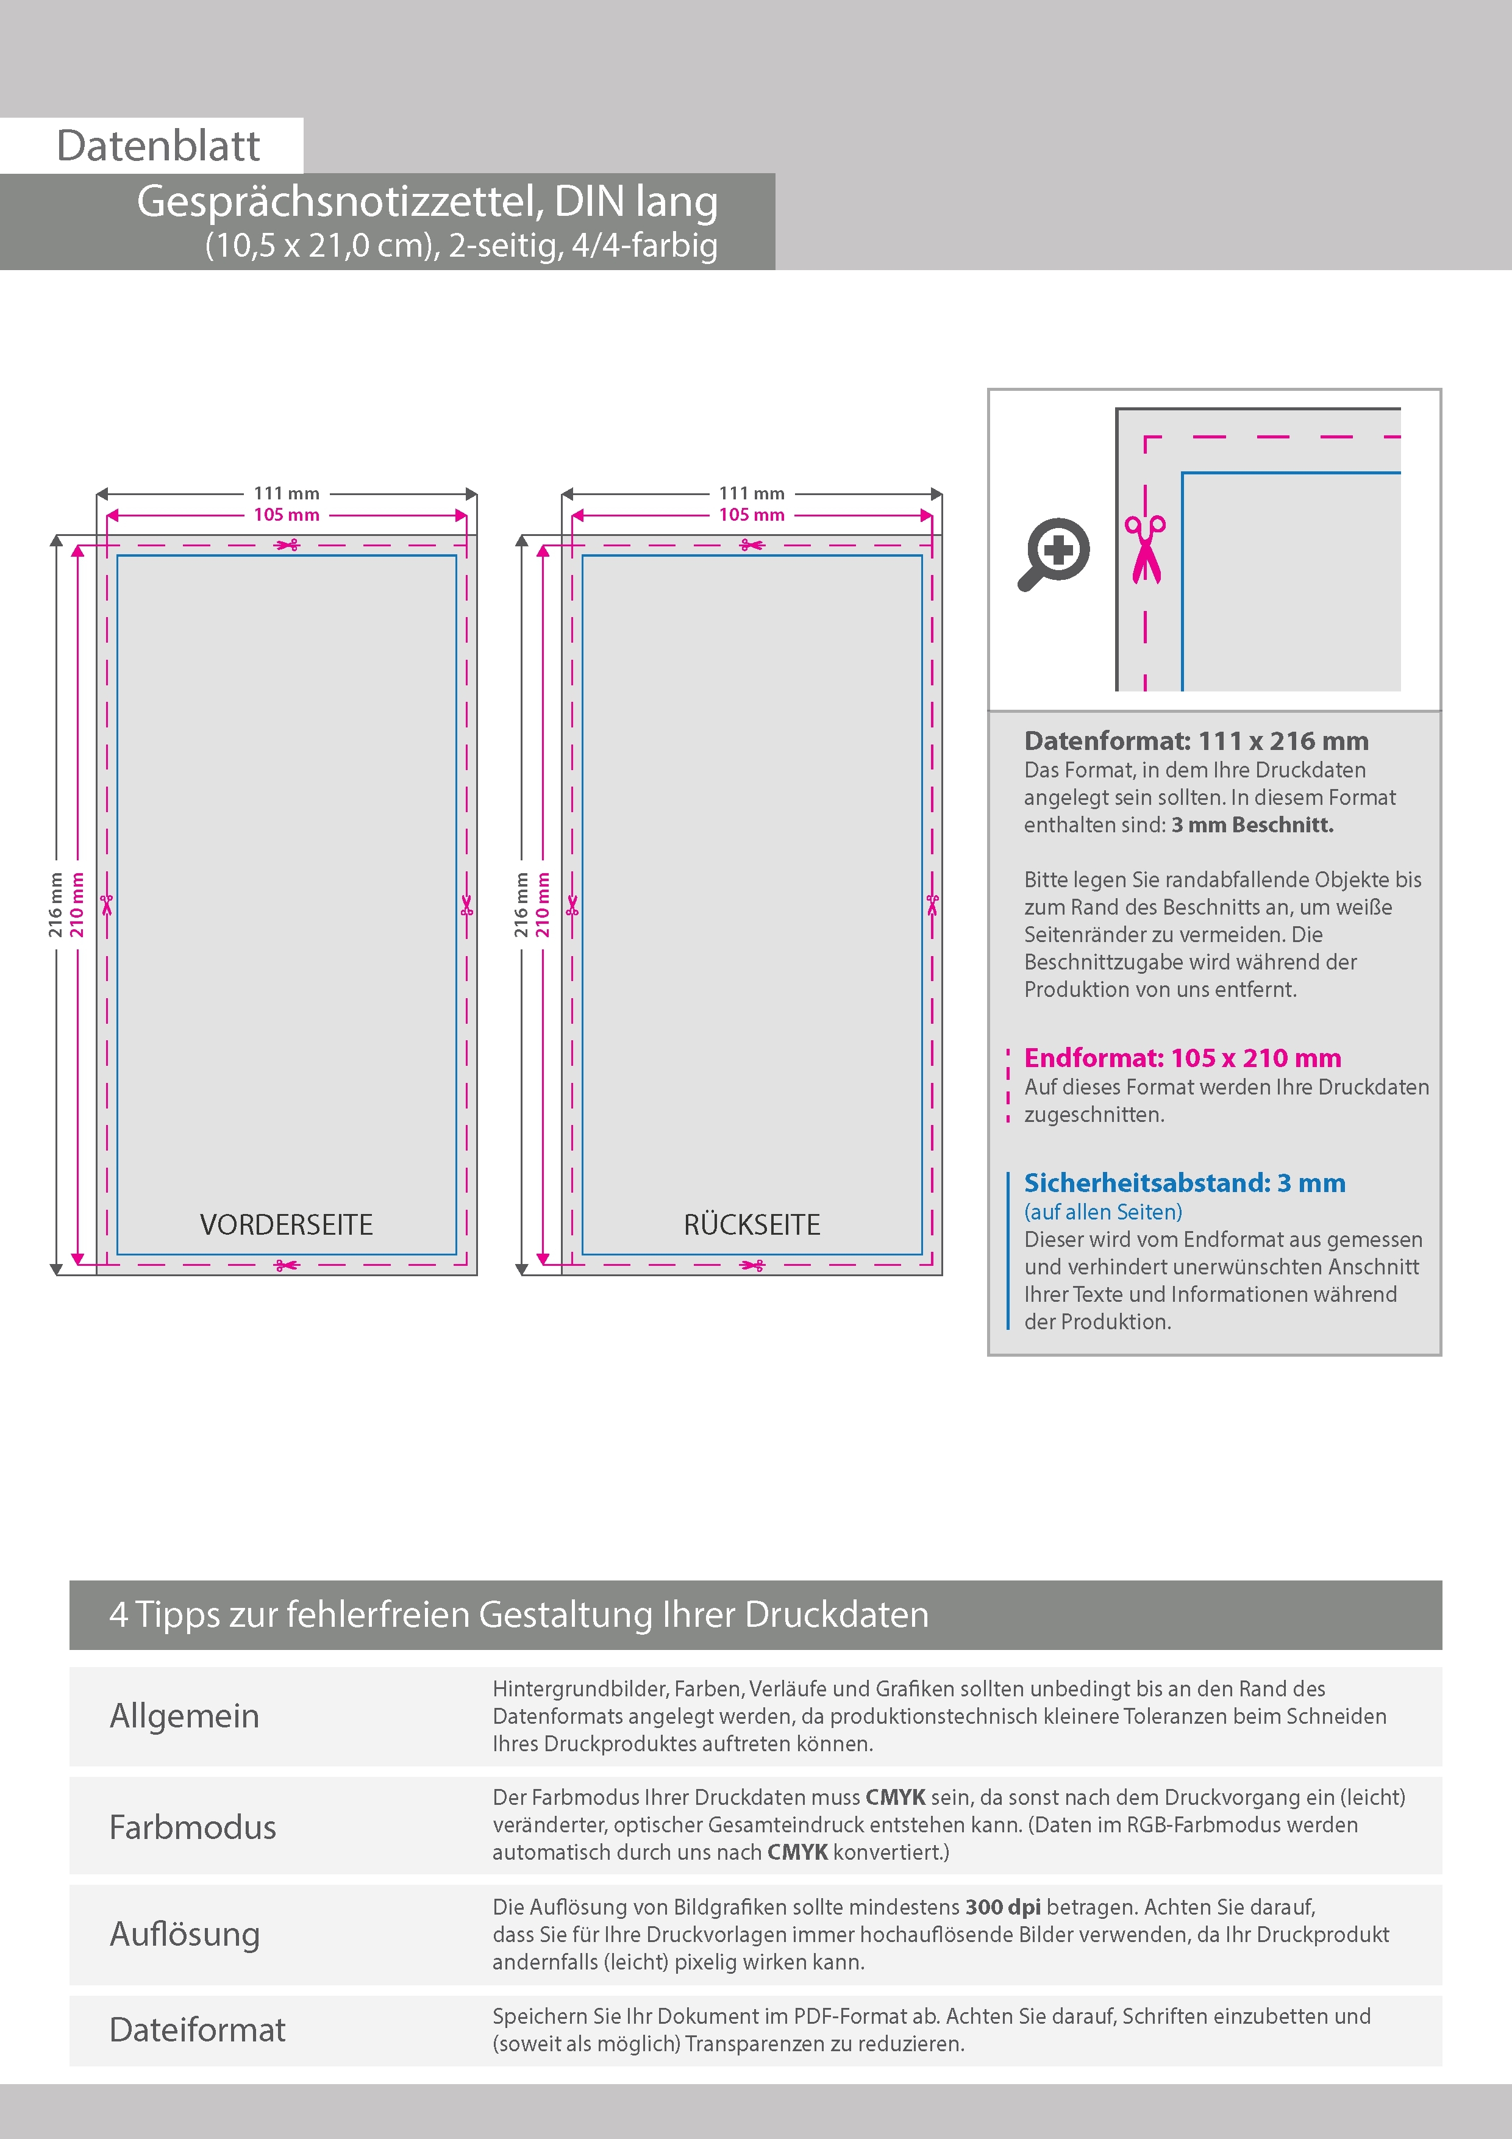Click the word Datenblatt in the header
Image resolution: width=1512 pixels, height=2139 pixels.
click(x=159, y=146)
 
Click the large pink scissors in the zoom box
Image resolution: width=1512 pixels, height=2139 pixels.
click(x=1145, y=549)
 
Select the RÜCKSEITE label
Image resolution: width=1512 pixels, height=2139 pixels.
click(x=752, y=1224)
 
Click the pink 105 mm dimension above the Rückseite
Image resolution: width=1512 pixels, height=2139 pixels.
click(x=752, y=514)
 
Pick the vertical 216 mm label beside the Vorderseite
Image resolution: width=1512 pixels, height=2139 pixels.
click(x=56, y=905)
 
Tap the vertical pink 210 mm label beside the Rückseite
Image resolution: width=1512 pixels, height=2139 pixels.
click(x=543, y=905)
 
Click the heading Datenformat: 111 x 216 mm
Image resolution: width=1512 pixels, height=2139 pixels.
click(x=1196, y=741)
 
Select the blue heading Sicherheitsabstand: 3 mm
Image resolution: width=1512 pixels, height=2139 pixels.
click(x=1184, y=1182)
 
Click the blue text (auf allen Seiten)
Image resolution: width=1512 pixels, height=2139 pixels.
click(x=1103, y=1211)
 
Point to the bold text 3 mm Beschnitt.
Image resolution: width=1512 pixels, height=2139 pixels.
click(x=1252, y=824)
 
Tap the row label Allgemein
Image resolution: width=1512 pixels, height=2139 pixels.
click(x=185, y=1715)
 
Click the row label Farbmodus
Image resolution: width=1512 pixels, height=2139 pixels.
click(x=193, y=1827)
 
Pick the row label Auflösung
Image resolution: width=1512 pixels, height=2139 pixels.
click(x=185, y=1933)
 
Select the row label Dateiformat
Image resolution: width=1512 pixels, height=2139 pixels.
click(x=198, y=2029)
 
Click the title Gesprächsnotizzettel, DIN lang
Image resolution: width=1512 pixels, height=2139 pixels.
click(x=427, y=201)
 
